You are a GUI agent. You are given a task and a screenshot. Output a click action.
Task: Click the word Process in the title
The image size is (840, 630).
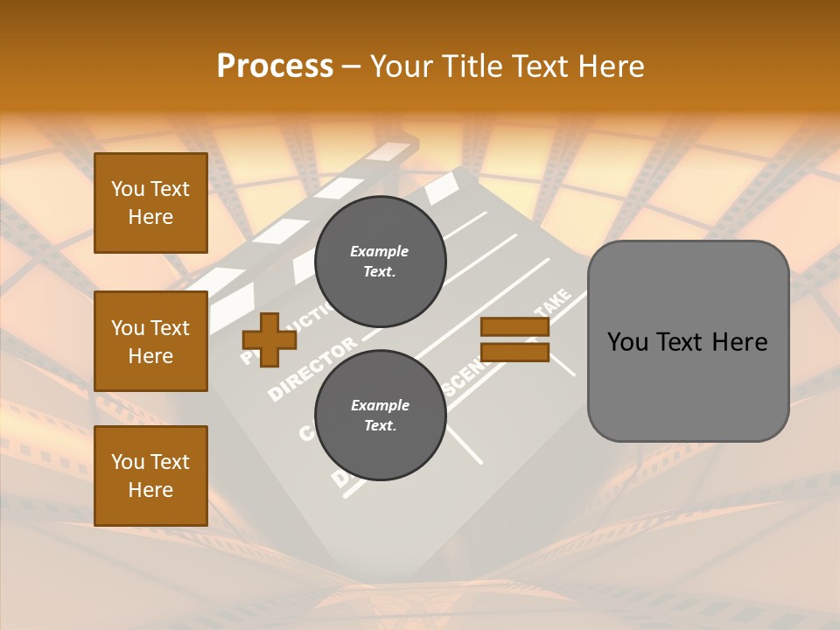tap(275, 66)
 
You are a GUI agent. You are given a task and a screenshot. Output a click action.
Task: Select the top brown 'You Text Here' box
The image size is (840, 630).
tap(150, 203)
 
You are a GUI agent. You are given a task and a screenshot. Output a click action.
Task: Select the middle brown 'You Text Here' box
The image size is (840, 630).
tap(150, 341)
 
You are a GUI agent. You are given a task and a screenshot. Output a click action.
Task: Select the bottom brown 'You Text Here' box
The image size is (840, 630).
tap(150, 476)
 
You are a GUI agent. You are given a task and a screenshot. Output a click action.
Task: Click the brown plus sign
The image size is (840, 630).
tap(269, 339)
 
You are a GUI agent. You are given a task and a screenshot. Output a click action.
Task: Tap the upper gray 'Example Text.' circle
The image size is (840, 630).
tap(380, 262)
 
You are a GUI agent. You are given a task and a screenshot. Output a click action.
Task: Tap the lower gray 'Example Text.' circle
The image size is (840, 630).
tap(380, 415)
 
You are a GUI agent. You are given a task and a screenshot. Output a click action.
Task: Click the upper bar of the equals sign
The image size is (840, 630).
tap(514, 327)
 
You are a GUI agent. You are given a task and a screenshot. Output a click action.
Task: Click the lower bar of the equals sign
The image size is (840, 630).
tap(514, 353)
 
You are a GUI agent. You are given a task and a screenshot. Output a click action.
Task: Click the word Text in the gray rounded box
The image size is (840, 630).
tap(688, 342)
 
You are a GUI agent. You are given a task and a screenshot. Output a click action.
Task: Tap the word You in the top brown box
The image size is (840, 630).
tap(128, 189)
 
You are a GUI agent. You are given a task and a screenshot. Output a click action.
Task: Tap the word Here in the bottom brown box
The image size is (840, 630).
tap(150, 490)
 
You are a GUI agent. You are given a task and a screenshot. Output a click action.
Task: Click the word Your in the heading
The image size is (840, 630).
tap(403, 66)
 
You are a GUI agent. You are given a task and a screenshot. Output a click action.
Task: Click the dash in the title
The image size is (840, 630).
tap(351, 67)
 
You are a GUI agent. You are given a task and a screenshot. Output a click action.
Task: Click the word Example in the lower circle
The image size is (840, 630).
tap(380, 405)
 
